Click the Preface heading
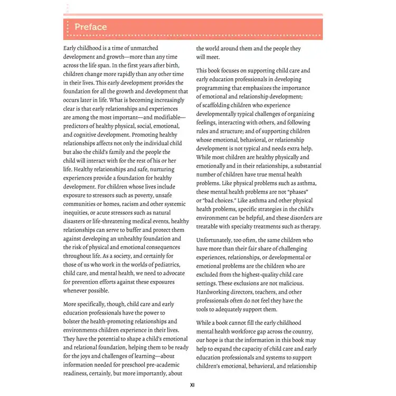(x=90, y=27)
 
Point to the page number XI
(x=193, y=385)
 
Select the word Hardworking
(x=215, y=291)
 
